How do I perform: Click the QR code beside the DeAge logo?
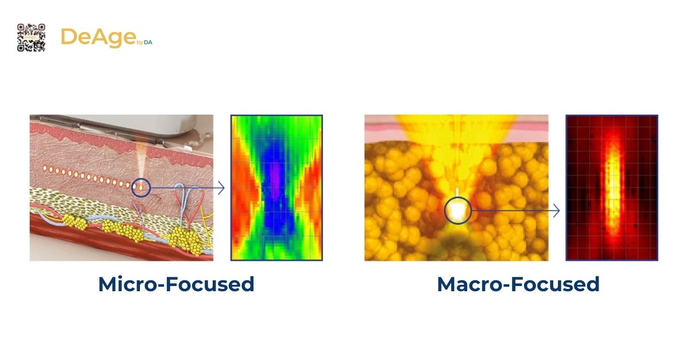tap(31, 37)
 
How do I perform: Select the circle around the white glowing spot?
tap(458, 211)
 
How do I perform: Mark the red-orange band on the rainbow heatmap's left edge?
tap(238, 195)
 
